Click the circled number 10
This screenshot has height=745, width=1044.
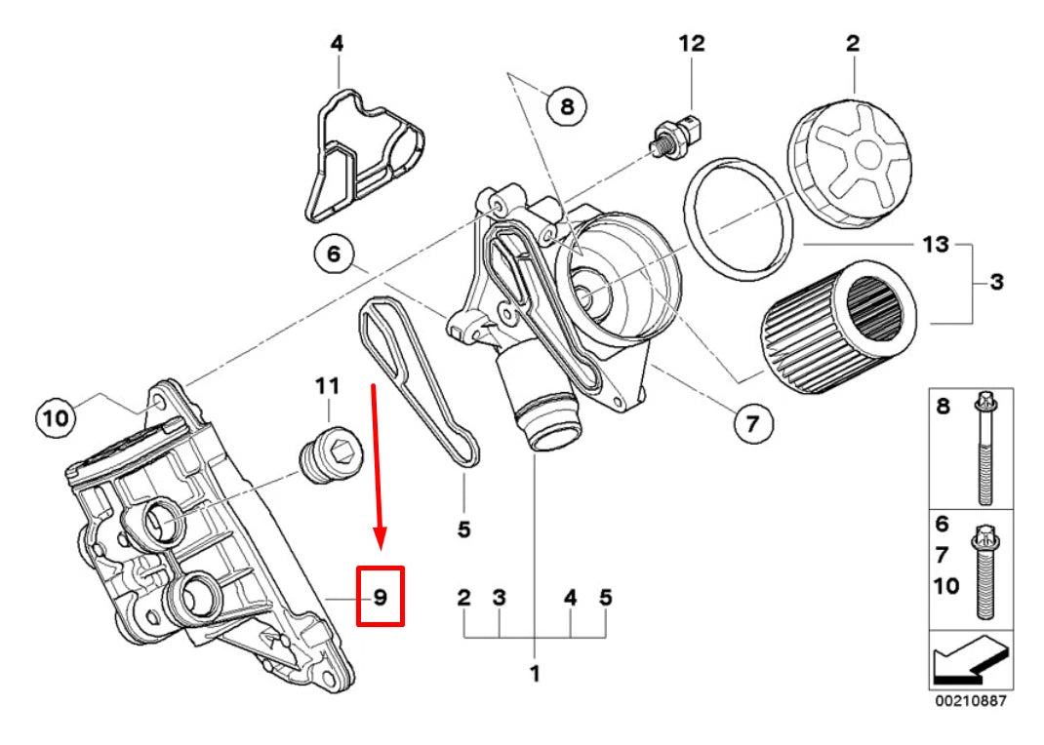pos(56,418)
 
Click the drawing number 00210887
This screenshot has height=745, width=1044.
pos(970,701)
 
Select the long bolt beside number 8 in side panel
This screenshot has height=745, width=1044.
pos(984,448)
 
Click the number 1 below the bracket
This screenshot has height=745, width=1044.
pos(534,672)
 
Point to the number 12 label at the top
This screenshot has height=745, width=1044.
pos(691,43)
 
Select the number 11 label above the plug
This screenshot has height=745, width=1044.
pos(326,386)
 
